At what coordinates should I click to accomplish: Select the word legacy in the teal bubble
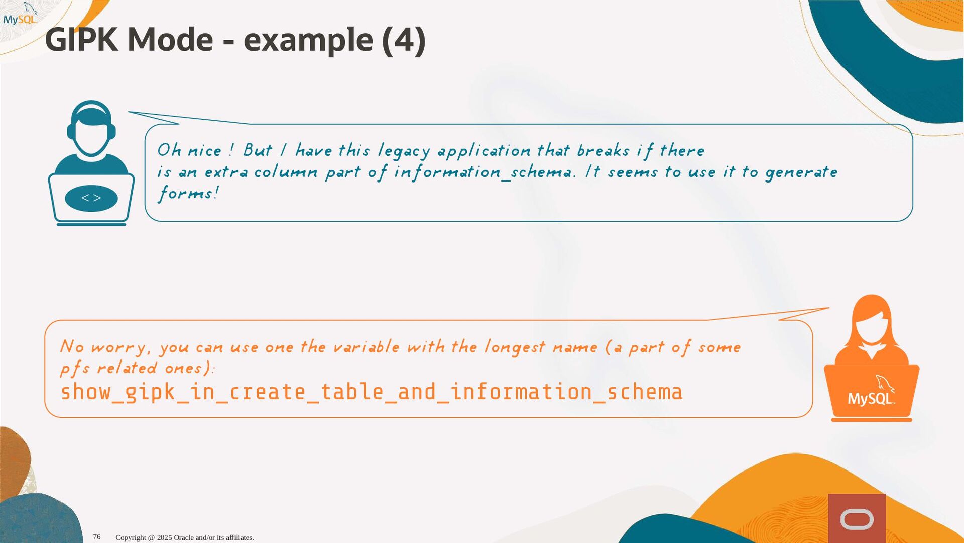(404, 151)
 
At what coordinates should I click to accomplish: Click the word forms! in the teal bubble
(188, 193)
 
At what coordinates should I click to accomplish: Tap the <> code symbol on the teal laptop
(91, 198)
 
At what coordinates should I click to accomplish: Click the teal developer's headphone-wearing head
(91, 128)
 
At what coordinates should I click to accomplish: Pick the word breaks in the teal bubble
(603, 150)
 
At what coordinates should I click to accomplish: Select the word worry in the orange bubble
(118, 347)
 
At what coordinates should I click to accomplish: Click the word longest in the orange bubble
(514, 347)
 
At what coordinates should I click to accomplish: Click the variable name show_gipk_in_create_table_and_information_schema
(372, 392)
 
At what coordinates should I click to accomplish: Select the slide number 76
(97, 537)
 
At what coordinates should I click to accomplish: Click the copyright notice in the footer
(185, 537)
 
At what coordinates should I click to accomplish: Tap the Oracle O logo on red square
(857, 519)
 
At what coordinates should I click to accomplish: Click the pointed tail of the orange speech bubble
(829, 308)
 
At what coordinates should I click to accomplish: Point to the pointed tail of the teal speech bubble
(129, 112)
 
